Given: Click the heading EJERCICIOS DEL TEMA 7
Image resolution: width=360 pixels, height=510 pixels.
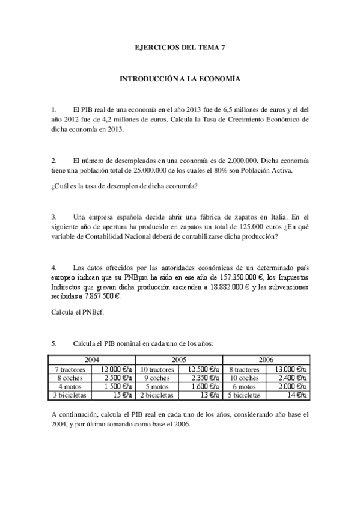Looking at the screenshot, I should pos(180,46).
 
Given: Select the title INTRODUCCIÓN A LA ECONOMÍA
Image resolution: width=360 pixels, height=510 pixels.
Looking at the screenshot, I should pos(180,79).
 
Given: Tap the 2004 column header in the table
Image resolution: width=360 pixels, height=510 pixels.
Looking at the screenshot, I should pos(92,360).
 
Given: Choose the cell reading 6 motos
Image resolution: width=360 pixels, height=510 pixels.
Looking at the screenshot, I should pos(244,387).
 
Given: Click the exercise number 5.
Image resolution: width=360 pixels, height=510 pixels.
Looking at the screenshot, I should pos(54,343).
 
